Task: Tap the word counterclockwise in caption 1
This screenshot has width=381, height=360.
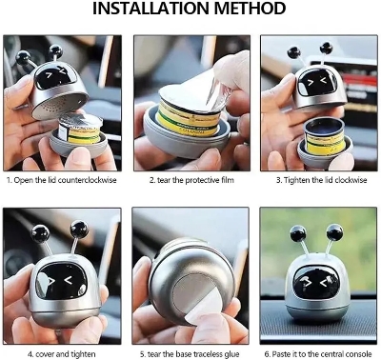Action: click(88, 180)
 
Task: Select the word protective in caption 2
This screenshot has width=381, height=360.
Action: click(202, 180)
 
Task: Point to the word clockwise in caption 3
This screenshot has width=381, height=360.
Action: click(351, 180)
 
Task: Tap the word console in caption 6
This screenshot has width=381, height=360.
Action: click(359, 354)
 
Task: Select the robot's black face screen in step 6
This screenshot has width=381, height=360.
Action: click(316, 283)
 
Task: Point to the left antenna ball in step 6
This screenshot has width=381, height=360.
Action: click(298, 234)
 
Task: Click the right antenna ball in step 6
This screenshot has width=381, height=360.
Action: click(335, 232)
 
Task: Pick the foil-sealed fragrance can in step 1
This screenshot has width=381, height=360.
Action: click(81, 129)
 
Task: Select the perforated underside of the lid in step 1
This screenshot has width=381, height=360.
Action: click(58, 105)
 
